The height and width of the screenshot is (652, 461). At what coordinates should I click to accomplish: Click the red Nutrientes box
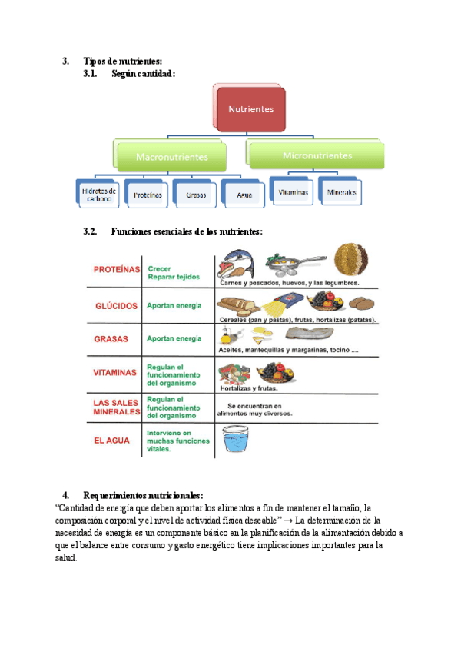(250, 108)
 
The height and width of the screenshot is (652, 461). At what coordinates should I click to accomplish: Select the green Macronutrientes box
(171, 156)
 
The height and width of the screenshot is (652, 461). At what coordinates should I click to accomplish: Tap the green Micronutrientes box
(317, 155)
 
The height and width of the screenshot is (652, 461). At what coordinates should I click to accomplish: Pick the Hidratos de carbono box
(98, 195)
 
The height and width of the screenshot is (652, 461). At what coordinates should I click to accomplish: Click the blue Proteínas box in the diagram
(148, 195)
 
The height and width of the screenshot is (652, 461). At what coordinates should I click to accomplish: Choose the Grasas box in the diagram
(196, 195)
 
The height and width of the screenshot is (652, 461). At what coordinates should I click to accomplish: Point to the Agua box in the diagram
(244, 195)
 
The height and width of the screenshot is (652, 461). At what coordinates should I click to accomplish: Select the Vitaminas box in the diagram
(293, 192)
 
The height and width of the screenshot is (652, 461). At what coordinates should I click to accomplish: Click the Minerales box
(341, 192)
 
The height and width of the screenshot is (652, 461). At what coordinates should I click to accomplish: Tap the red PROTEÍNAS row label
(116, 269)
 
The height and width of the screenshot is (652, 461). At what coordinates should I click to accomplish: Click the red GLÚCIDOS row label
(116, 305)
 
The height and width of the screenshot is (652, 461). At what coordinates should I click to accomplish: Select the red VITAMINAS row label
(115, 372)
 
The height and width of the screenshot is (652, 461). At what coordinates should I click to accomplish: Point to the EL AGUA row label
(112, 441)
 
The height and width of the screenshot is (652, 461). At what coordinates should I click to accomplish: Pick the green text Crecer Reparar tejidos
(173, 272)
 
